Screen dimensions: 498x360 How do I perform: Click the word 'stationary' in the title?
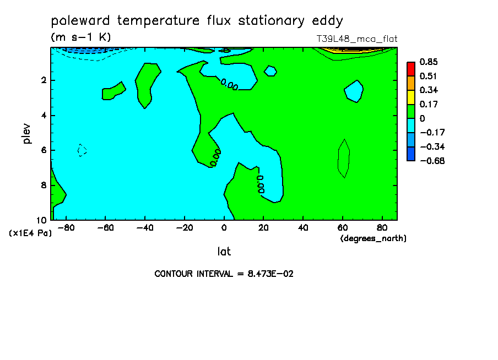[x=271, y=21]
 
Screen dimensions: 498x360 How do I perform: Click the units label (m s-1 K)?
[x=80, y=37]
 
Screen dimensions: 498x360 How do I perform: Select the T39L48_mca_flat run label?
[x=356, y=39]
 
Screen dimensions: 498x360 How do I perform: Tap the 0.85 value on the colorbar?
[x=429, y=62]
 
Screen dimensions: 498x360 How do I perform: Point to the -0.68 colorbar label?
[x=432, y=161]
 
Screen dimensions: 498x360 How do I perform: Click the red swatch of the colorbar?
[x=411, y=69]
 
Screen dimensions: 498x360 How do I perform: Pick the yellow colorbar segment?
[x=411, y=97]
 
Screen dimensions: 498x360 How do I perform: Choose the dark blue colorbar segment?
[x=411, y=154]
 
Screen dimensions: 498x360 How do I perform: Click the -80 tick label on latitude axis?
[x=66, y=228]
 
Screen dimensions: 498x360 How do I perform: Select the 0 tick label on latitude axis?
[x=224, y=228]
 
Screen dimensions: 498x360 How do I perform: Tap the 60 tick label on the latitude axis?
[x=343, y=228]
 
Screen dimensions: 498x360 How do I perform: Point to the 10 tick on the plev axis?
[x=42, y=220]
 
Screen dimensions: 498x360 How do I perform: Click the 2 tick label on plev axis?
[x=44, y=80]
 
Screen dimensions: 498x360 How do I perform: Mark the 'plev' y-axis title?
[x=27, y=134]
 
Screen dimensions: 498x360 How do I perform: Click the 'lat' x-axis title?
[x=224, y=252]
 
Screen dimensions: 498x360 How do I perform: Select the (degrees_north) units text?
[x=373, y=238]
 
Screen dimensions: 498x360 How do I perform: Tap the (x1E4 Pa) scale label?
[x=30, y=233]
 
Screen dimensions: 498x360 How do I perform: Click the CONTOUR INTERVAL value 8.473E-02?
[x=270, y=274]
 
